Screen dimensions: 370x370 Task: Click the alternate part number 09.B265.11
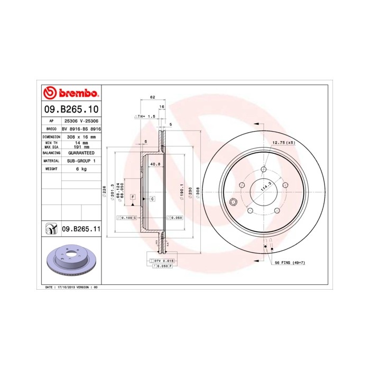[x=81, y=229]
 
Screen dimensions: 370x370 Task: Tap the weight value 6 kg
[x=81, y=169]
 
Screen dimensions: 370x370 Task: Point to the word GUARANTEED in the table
[x=81, y=152]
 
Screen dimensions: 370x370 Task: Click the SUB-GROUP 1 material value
[x=81, y=160]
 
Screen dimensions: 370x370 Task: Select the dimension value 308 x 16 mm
[x=81, y=136]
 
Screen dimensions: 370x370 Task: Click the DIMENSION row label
[x=51, y=136]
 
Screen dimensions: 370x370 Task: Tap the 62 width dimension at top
[x=152, y=97]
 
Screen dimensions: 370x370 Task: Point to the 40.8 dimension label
[x=155, y=164]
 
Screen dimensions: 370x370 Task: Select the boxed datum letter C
[x=152, y=199]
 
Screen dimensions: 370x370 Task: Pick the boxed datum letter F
[x=133, y=197]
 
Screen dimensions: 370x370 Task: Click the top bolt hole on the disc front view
[x=263, y=170]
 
